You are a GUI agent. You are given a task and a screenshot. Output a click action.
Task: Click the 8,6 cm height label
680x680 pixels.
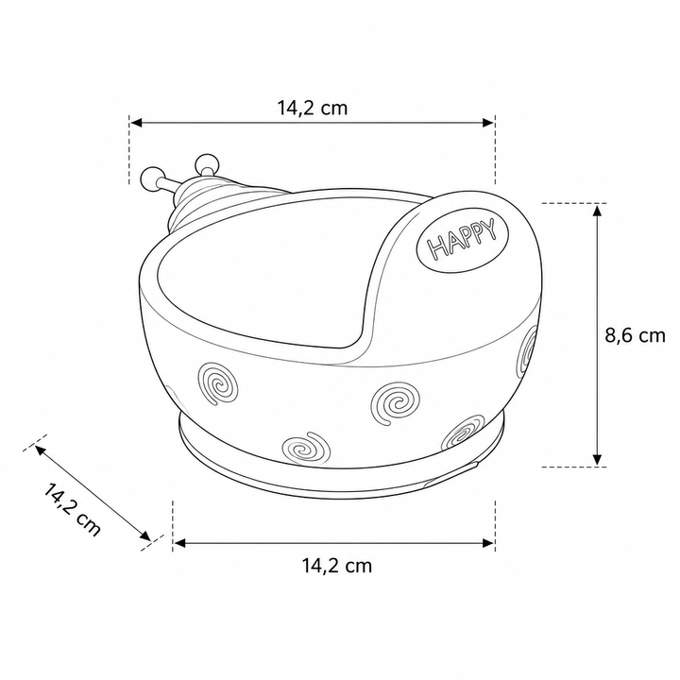pyautogui.click(x=635, y=335)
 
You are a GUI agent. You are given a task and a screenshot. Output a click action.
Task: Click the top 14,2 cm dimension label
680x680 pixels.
pyautogui.click(x=313, y=108)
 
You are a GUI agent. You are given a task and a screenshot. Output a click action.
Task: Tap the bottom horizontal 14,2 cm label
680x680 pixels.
pyautogui.click(x=337, y=566)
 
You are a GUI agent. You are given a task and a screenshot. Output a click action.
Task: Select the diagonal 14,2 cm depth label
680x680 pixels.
pyautogui.click(x=72, y=509)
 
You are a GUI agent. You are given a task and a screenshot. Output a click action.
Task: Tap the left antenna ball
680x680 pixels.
pyautogui.click(x=152, y=178)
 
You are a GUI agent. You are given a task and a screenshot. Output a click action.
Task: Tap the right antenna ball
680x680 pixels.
pyautogui.click(x=207, y=164)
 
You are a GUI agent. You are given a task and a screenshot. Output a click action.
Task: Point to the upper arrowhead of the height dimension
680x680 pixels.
pyautogui.click(x=597, y=211)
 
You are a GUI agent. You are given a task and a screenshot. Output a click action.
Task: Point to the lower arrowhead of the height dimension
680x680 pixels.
pyautogui.click(x=597, y=459)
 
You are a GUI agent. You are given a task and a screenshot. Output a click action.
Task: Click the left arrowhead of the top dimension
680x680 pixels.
pyautogui.click(x=137, y=123)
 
